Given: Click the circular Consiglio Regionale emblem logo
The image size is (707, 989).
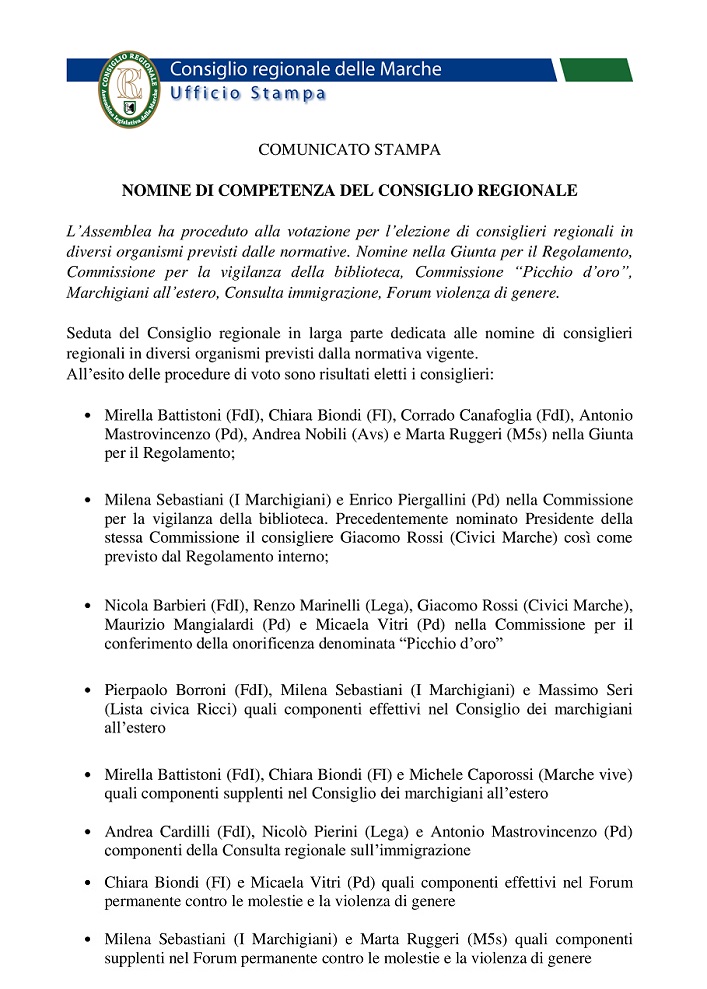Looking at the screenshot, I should click(x=128, y=88).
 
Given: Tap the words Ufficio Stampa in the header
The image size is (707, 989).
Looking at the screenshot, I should click(x=248, y=94).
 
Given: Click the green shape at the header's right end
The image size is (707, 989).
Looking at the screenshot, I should click(x=596, y=69).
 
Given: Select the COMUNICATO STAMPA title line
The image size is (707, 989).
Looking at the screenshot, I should click(x=349, y=151).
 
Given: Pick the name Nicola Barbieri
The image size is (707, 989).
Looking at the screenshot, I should click(x=151, y=605).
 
